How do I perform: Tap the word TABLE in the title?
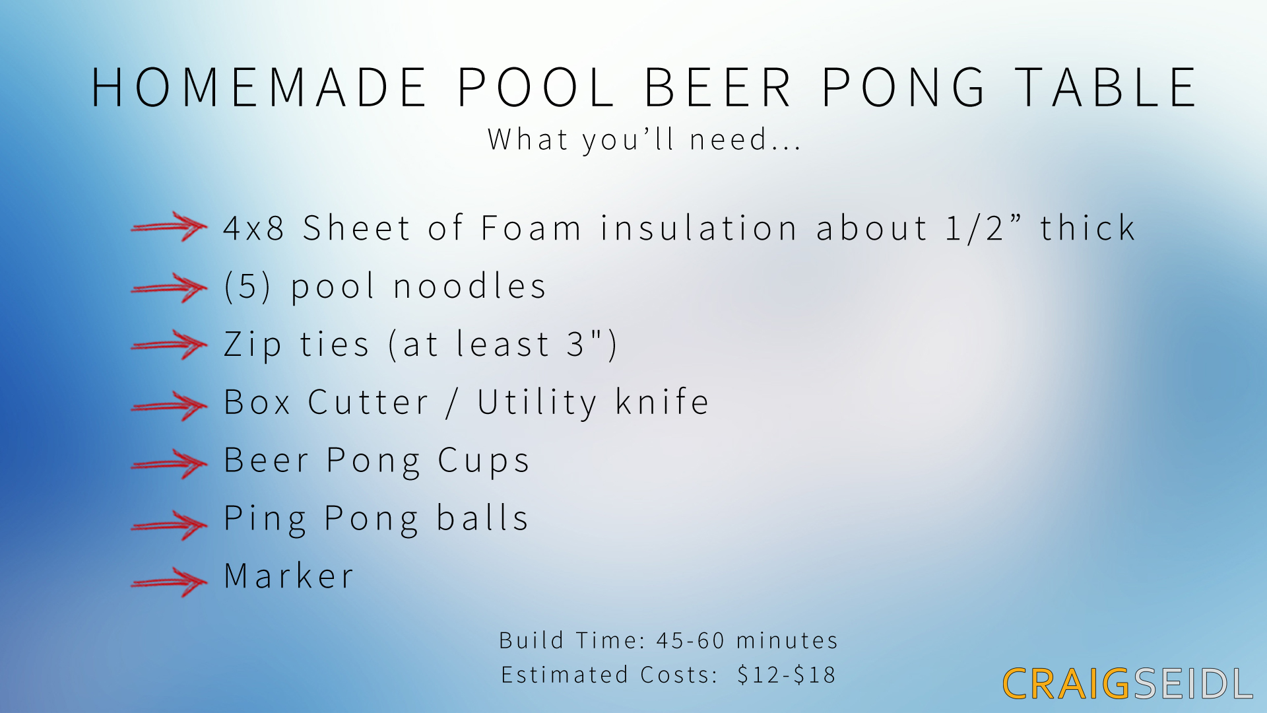click(x=1106, y=88)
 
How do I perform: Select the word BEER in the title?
click(x=717, y=88)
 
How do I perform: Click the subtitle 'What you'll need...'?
click(x=644, y=140)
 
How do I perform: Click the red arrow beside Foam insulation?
click(x=169, y=227)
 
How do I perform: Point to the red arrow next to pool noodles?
click(x=169, y=287)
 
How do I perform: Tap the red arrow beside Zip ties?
click(x=169, y=345)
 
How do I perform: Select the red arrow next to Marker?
click(x=169, y=582)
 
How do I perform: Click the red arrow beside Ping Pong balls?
click(x=169, y=525)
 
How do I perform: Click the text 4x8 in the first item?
click(x=254, y=228)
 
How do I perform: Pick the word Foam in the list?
click(x=531, y=228)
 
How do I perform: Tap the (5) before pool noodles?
click(x=247, y=287)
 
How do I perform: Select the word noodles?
click(x=469, y=287)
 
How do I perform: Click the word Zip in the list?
click(x=253, y=345)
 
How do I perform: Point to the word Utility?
click(x=537, y=403)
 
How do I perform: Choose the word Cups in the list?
click(x=484, y=461)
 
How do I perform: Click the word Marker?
click(x=289, y=576)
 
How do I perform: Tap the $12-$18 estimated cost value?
click(x=787, y=675)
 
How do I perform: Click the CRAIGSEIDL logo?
click(x=1127, y=684)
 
